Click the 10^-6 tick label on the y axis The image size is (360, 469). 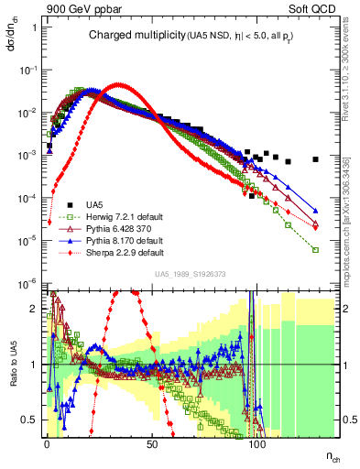point(28,282)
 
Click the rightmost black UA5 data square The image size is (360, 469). point(315,159)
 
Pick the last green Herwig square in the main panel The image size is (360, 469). point(315,249)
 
